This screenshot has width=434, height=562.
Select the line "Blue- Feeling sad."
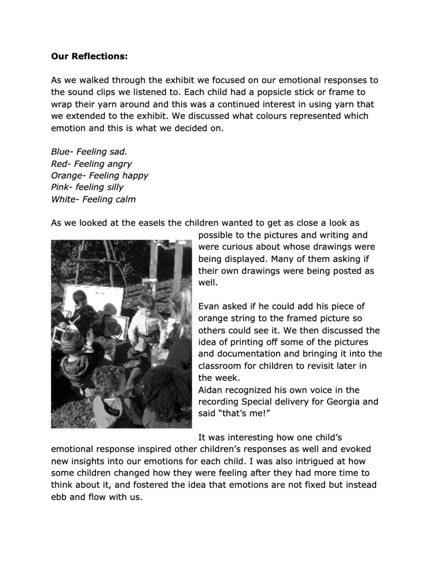89,152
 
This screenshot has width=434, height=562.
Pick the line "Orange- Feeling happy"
100,175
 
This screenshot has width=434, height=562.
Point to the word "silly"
113,187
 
